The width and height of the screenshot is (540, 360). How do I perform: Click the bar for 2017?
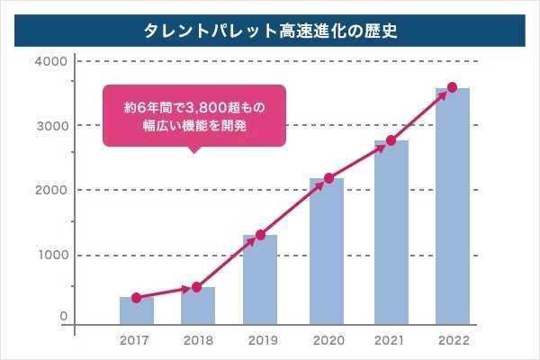click(137, 310)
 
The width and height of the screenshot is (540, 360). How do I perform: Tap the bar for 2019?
click(260, 280)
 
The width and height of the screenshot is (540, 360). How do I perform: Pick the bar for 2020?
click(327, 251)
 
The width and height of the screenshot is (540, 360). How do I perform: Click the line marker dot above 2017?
click(136, 298)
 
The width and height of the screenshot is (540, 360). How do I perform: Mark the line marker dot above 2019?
click(260, 235)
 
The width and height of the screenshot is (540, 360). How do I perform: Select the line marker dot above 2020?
click(328, 178)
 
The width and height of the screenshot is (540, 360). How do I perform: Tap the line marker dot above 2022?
click(453, 87)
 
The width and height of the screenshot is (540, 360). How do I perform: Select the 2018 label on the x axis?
click(198, 342)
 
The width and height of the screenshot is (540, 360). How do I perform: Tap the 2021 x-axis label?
click(391, 342)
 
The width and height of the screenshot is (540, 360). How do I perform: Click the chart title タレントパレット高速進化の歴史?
click(270, 29)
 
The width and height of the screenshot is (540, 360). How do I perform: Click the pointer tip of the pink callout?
click(192, 152)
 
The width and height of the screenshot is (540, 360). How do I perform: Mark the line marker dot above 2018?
click(197, 287)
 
